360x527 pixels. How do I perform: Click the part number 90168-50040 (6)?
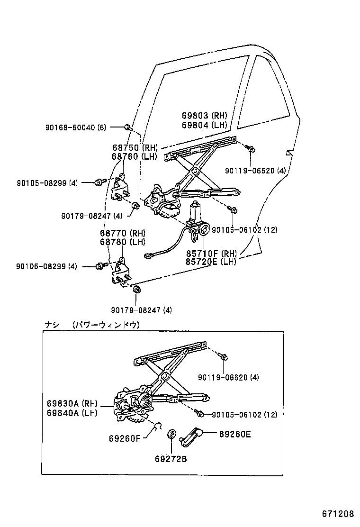(76, 127)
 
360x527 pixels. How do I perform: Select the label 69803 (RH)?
(204, 115)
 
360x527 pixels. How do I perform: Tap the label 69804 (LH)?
(204, 125)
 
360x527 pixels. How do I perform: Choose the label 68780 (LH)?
(122, 242)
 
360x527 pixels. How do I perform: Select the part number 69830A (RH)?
(72, 403)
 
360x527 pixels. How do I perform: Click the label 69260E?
(235, 433)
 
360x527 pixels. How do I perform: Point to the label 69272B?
(171, 458)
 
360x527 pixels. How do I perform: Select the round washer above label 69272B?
(172, 434)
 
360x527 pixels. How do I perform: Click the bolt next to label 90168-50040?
(127, 127)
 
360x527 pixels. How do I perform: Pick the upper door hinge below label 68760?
(121, 190)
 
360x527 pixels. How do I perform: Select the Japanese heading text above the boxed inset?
(92, 325)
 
